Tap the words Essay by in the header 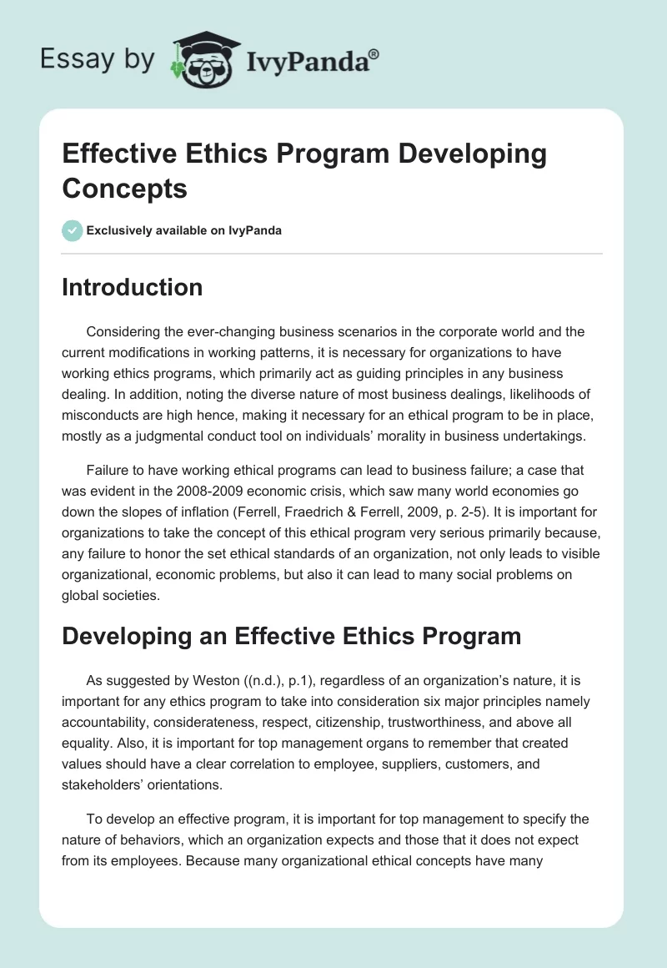pos(98,59)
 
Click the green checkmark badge pos(73,230)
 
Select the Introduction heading pos(133,287)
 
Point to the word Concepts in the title pos(125,188)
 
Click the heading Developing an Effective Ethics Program pos(292,637)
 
